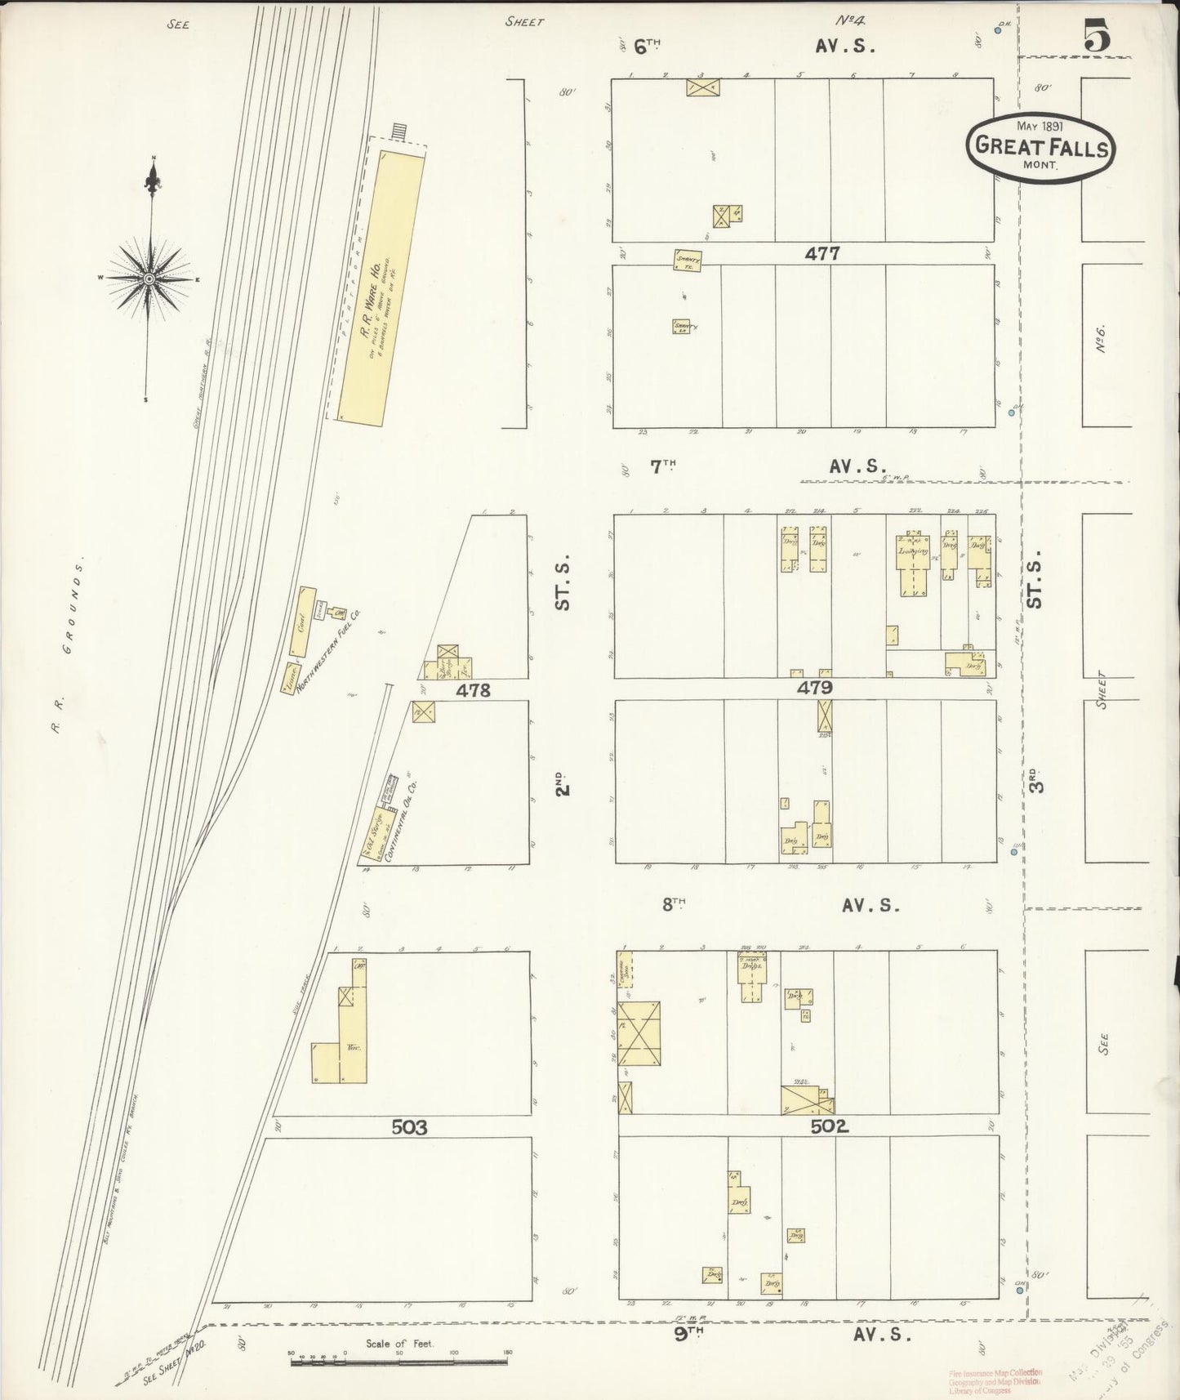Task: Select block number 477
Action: [822, 254]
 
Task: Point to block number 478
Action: [473, 690]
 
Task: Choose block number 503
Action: [409, 1128]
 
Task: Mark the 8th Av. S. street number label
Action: [672, 904]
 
